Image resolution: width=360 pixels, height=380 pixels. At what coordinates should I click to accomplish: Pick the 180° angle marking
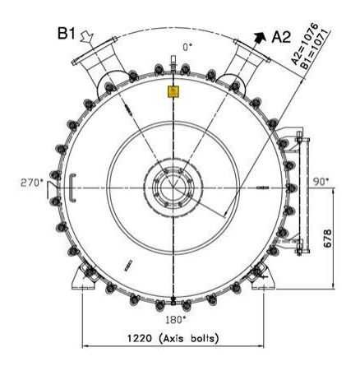click(174, 318)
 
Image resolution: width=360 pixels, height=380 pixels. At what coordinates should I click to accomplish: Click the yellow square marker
click(173, 91)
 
